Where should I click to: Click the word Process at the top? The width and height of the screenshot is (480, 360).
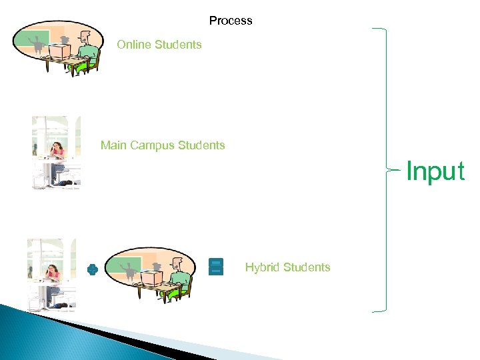(x=231, y=21)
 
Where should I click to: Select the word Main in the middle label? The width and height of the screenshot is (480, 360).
(x=113, y=145)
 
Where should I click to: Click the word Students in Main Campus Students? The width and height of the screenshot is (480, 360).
(x=201, y=145)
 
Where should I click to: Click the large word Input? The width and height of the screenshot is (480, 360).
(x=435, y=171)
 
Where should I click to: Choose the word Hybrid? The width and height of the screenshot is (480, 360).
(x=261, y=267)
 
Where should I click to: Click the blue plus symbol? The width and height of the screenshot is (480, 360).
(x=93, y=270)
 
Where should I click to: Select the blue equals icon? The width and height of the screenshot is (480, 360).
(x=215, y=267)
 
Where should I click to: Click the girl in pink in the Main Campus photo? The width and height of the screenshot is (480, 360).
(x=56, y=152)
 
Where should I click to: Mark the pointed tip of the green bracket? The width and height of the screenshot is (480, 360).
(x=388, y=171)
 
